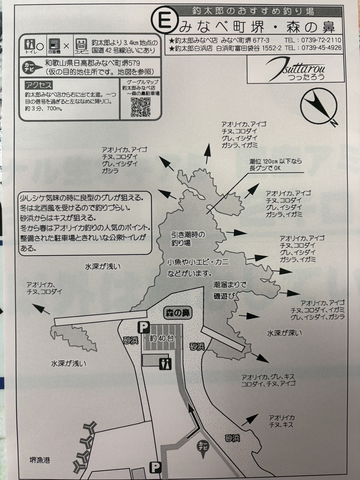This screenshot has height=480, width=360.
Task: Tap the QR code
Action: point(141,107)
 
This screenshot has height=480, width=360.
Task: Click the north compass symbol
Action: point(319,108)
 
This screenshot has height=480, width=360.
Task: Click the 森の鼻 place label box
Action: point(177,313)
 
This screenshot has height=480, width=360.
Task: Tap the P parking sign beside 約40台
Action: point(143,327)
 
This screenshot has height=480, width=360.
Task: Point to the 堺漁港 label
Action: point(40,460)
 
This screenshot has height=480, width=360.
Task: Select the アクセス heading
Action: point(39,85)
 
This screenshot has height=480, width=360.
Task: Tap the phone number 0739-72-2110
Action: point(321,40)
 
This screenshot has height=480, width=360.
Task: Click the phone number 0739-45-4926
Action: point(321,48)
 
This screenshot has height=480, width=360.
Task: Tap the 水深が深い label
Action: point(284,333)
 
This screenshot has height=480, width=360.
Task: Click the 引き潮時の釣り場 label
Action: point(188,239)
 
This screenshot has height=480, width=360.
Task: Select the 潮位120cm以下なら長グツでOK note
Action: point(276,164)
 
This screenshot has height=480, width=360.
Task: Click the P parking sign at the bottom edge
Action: point(156,467)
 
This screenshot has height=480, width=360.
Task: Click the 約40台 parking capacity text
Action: point(161,338)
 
